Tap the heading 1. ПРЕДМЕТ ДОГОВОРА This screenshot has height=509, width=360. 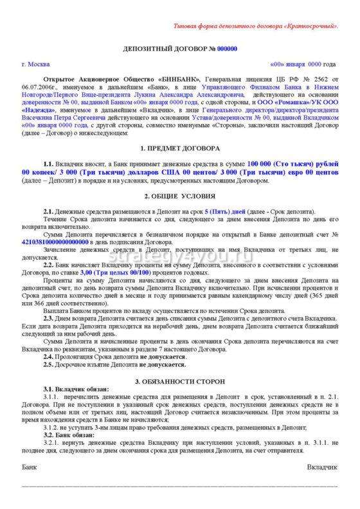179,148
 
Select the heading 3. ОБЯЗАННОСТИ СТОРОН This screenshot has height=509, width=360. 179,382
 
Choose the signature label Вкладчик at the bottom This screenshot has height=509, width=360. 322,465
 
